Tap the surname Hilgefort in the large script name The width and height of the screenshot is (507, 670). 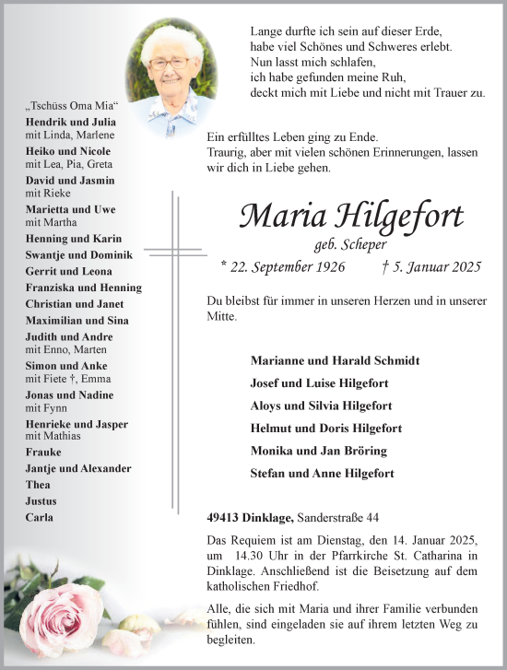click(401, 217)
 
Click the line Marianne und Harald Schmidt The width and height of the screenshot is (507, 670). click(334, 360)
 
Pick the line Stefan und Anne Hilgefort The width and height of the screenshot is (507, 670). click(322, 474)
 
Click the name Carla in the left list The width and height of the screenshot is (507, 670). click(39, 518)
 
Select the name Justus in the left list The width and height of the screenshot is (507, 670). click(41, 501)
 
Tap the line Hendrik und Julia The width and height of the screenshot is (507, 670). click(71, 122)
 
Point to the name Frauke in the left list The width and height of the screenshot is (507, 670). click(43, 453)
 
